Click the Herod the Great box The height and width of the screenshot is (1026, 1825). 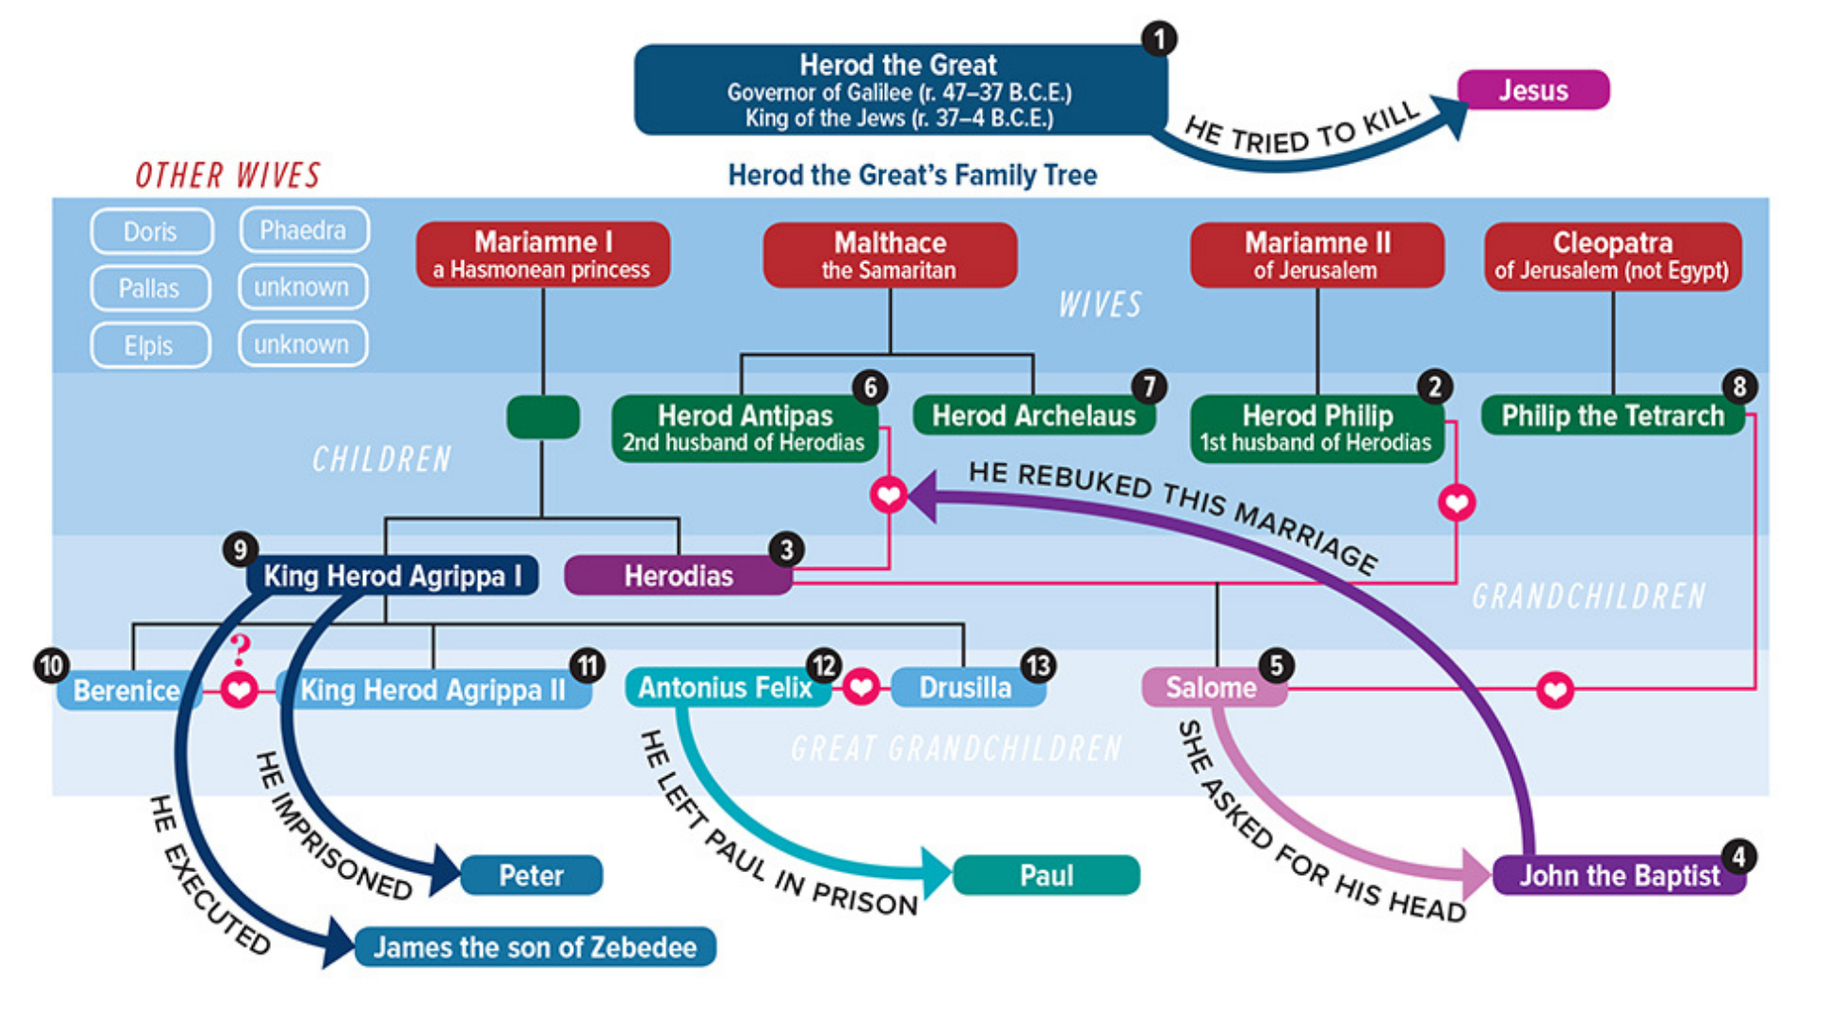point(899,90)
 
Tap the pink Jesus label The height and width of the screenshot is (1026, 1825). point(1532,90)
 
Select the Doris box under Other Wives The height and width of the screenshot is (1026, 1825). point(151,231)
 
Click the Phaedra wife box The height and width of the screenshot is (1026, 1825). point(303,230)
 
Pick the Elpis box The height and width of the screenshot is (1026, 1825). point(149,345)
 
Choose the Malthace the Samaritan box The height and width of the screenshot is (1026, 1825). point(890,255)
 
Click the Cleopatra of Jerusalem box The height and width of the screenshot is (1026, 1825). point(1612,256)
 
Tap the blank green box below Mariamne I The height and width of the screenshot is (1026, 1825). point(543,417)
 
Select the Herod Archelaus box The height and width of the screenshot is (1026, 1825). point(1033,416)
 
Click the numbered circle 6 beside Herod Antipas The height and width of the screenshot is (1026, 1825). point(870,387)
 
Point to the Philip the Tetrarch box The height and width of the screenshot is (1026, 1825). point(1612,416)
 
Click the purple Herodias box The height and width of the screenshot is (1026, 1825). point(678,576)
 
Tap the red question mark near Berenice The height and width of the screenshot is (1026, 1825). point(240,649)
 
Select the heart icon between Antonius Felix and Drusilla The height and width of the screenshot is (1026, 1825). point(861,687)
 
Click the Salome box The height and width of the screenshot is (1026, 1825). point(1211,688)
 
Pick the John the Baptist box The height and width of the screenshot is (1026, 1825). point(1619,875)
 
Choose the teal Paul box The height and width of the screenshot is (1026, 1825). point(1046,875)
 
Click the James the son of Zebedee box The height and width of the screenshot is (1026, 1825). point(535,947)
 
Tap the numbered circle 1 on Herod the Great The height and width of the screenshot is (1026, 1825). point(1159,39)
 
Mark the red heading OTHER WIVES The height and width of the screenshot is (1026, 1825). point(228,176)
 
